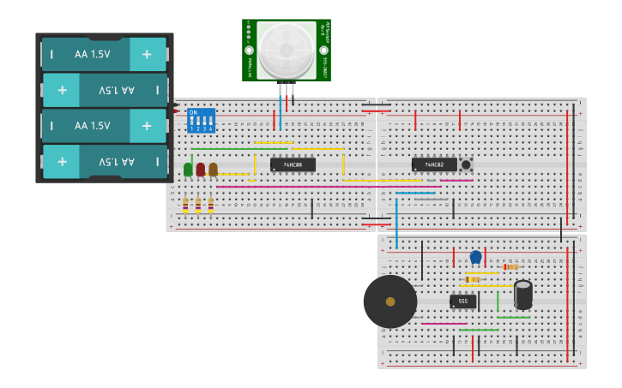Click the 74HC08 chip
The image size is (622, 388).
[x=293, y=164]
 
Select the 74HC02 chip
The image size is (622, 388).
[x=434, y=164]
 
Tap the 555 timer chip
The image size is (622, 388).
[x=462, y=301]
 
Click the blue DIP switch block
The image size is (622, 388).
[x=201, y=120]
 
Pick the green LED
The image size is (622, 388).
[x=188, y=170]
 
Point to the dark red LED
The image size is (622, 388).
[x=201, y=170]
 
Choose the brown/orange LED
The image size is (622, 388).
[x=213, y=170]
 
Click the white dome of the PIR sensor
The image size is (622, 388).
[x=287, y=50]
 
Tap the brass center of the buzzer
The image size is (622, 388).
[x=390, y=301]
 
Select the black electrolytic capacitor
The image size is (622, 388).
[x=522, y=295]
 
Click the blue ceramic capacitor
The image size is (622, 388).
[x=475, y=257]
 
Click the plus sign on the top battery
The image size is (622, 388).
[x=147, y=54]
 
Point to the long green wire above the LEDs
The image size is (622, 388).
[x=226, y=149]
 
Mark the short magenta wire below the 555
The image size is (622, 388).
[x=444, y=324]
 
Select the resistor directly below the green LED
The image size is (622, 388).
[x=185, y=205]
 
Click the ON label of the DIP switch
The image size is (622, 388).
[x=192, y=112]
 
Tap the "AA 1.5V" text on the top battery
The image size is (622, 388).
[x=92, y=54]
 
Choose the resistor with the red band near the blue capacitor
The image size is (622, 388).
[x=510, y=267]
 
